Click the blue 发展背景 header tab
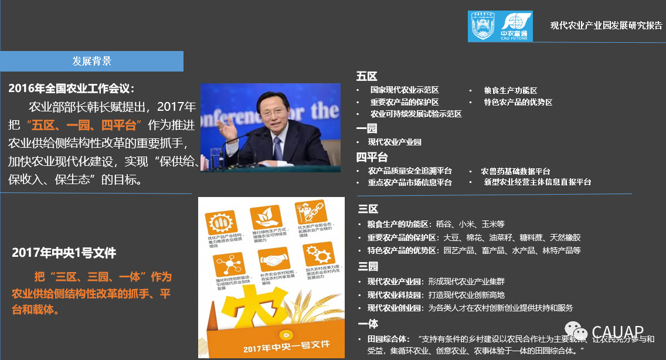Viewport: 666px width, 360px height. click(x=92, y=61)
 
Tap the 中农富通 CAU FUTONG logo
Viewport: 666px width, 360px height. click(x=500, y=26)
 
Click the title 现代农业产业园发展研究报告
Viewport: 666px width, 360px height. click(x=606, y=25)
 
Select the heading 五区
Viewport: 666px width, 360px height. click(x=366, y=77)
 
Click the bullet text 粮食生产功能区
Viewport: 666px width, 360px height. click(x=510, y=90)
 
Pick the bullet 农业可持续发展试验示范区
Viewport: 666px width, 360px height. click(x=416, y=114)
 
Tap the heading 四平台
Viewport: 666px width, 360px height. click(x=372, y=157)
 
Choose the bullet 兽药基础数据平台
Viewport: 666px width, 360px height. click(x=515, y=171)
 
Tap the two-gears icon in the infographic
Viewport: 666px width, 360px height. click(x=317, y=255)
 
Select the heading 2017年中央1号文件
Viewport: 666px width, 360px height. click(x=64, y=253)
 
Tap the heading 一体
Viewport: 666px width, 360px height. click(x=368, y=324)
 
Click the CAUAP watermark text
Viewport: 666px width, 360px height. click(x=617, y=332)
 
